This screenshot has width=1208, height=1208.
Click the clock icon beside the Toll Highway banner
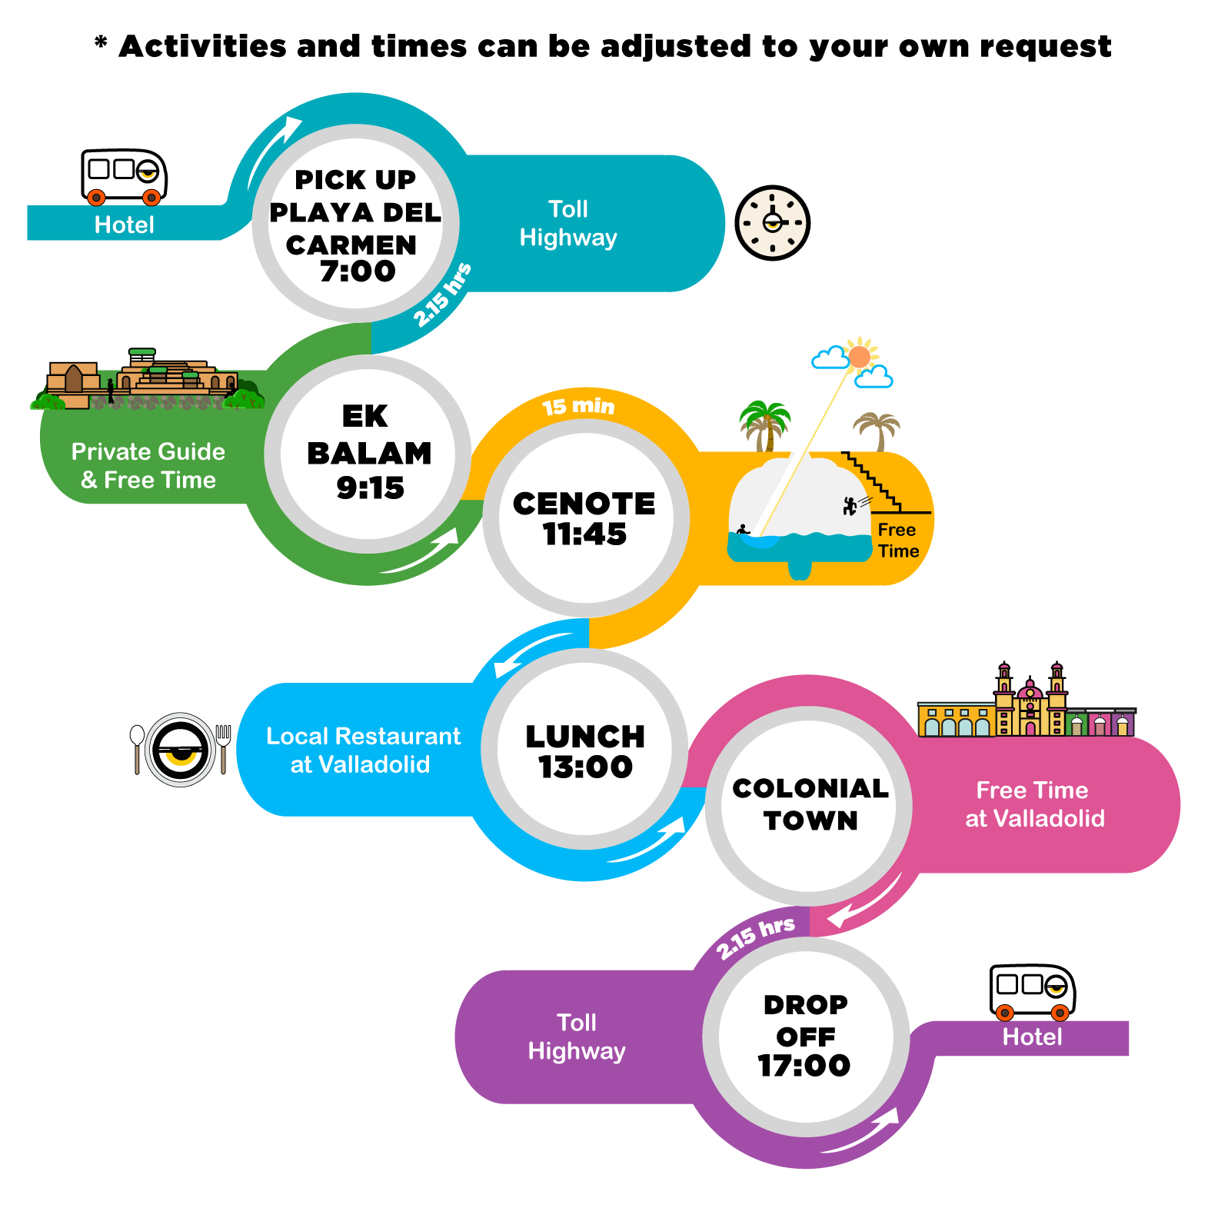tap(772, 223)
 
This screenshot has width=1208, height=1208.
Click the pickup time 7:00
tap(358, 271)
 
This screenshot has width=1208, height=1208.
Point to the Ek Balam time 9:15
tap(370, 488)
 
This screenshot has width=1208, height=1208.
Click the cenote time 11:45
tap(584, 534)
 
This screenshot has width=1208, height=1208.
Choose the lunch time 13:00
tap(585, 767)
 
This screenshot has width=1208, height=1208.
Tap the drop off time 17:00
tap(804, 1065)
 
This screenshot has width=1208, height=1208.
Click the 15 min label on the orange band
tap(578, 406)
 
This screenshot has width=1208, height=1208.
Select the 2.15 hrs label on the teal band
tap(442, 295)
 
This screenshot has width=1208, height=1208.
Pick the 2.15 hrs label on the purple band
tap(755, 937)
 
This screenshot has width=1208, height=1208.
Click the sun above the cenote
tap(860, 357)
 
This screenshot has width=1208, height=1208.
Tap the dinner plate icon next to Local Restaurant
tap(181, 750)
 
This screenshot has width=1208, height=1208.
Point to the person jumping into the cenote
tap(850, 505)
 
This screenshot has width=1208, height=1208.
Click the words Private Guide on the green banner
tap(148, 451)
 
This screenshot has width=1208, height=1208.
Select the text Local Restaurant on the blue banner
tap(364, 736)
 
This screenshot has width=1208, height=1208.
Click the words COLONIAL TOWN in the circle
tap(810, 804)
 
